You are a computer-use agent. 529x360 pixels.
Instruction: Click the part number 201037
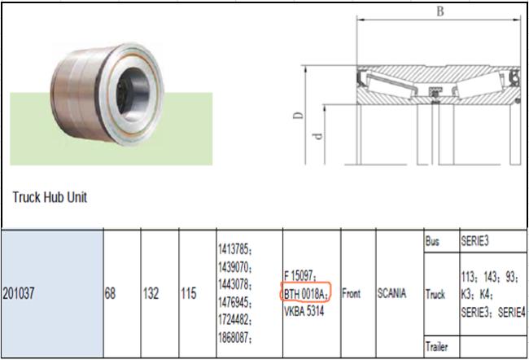coord(19,293)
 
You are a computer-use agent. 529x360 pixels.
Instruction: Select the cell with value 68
coord(111,293)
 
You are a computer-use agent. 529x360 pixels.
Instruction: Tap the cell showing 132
coord(151,293)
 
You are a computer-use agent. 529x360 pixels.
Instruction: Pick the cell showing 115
coord(189,293)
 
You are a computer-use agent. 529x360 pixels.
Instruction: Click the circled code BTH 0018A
coord(305,294)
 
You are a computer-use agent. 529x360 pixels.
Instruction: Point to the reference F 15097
coord(300,276)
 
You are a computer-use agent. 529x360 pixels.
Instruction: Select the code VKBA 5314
coord(304,311)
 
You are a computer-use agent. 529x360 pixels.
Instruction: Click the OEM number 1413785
coord(235,249)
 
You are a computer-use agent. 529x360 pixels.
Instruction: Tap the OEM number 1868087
coord(235,337)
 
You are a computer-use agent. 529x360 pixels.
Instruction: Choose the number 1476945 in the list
coord(235,302)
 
